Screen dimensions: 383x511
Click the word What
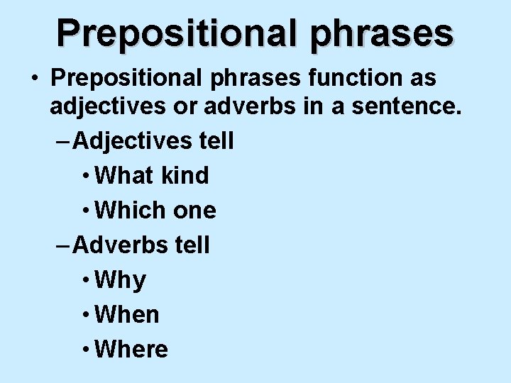(x=124, y=175)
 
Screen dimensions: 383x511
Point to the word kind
(x=185, y=175)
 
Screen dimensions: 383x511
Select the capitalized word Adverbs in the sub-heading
(x=121, y=245)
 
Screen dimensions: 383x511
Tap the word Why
(x=120, y=280)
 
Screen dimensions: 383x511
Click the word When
(x=127, y=314)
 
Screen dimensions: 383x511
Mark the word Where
(x=131, y=349)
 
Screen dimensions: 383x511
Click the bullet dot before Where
(x=85, y=350)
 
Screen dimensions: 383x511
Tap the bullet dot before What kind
(x=85, y=176)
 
